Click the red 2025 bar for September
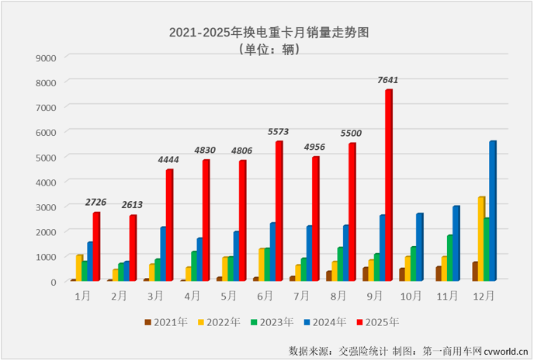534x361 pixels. (x=388, y=186)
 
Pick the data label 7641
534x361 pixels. (x=389, y=79)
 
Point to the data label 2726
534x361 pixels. (x=98, y=202)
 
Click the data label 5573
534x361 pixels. (x=279, y=132)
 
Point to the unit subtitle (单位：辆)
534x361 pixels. (x=266, y=50)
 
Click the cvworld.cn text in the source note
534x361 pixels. (x=504, y=350)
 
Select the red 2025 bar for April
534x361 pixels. (x=206, y=220)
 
